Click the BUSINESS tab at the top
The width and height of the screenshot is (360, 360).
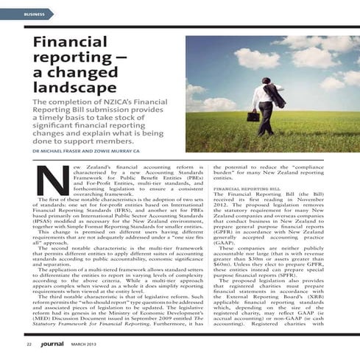tap(34, 15)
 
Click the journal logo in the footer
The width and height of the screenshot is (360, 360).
tap(52, 342)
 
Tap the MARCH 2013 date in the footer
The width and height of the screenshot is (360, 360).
tap(85, 343)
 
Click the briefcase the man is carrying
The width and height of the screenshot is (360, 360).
tap(253, 116)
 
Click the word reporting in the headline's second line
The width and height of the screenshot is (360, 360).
tap(66, 59)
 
